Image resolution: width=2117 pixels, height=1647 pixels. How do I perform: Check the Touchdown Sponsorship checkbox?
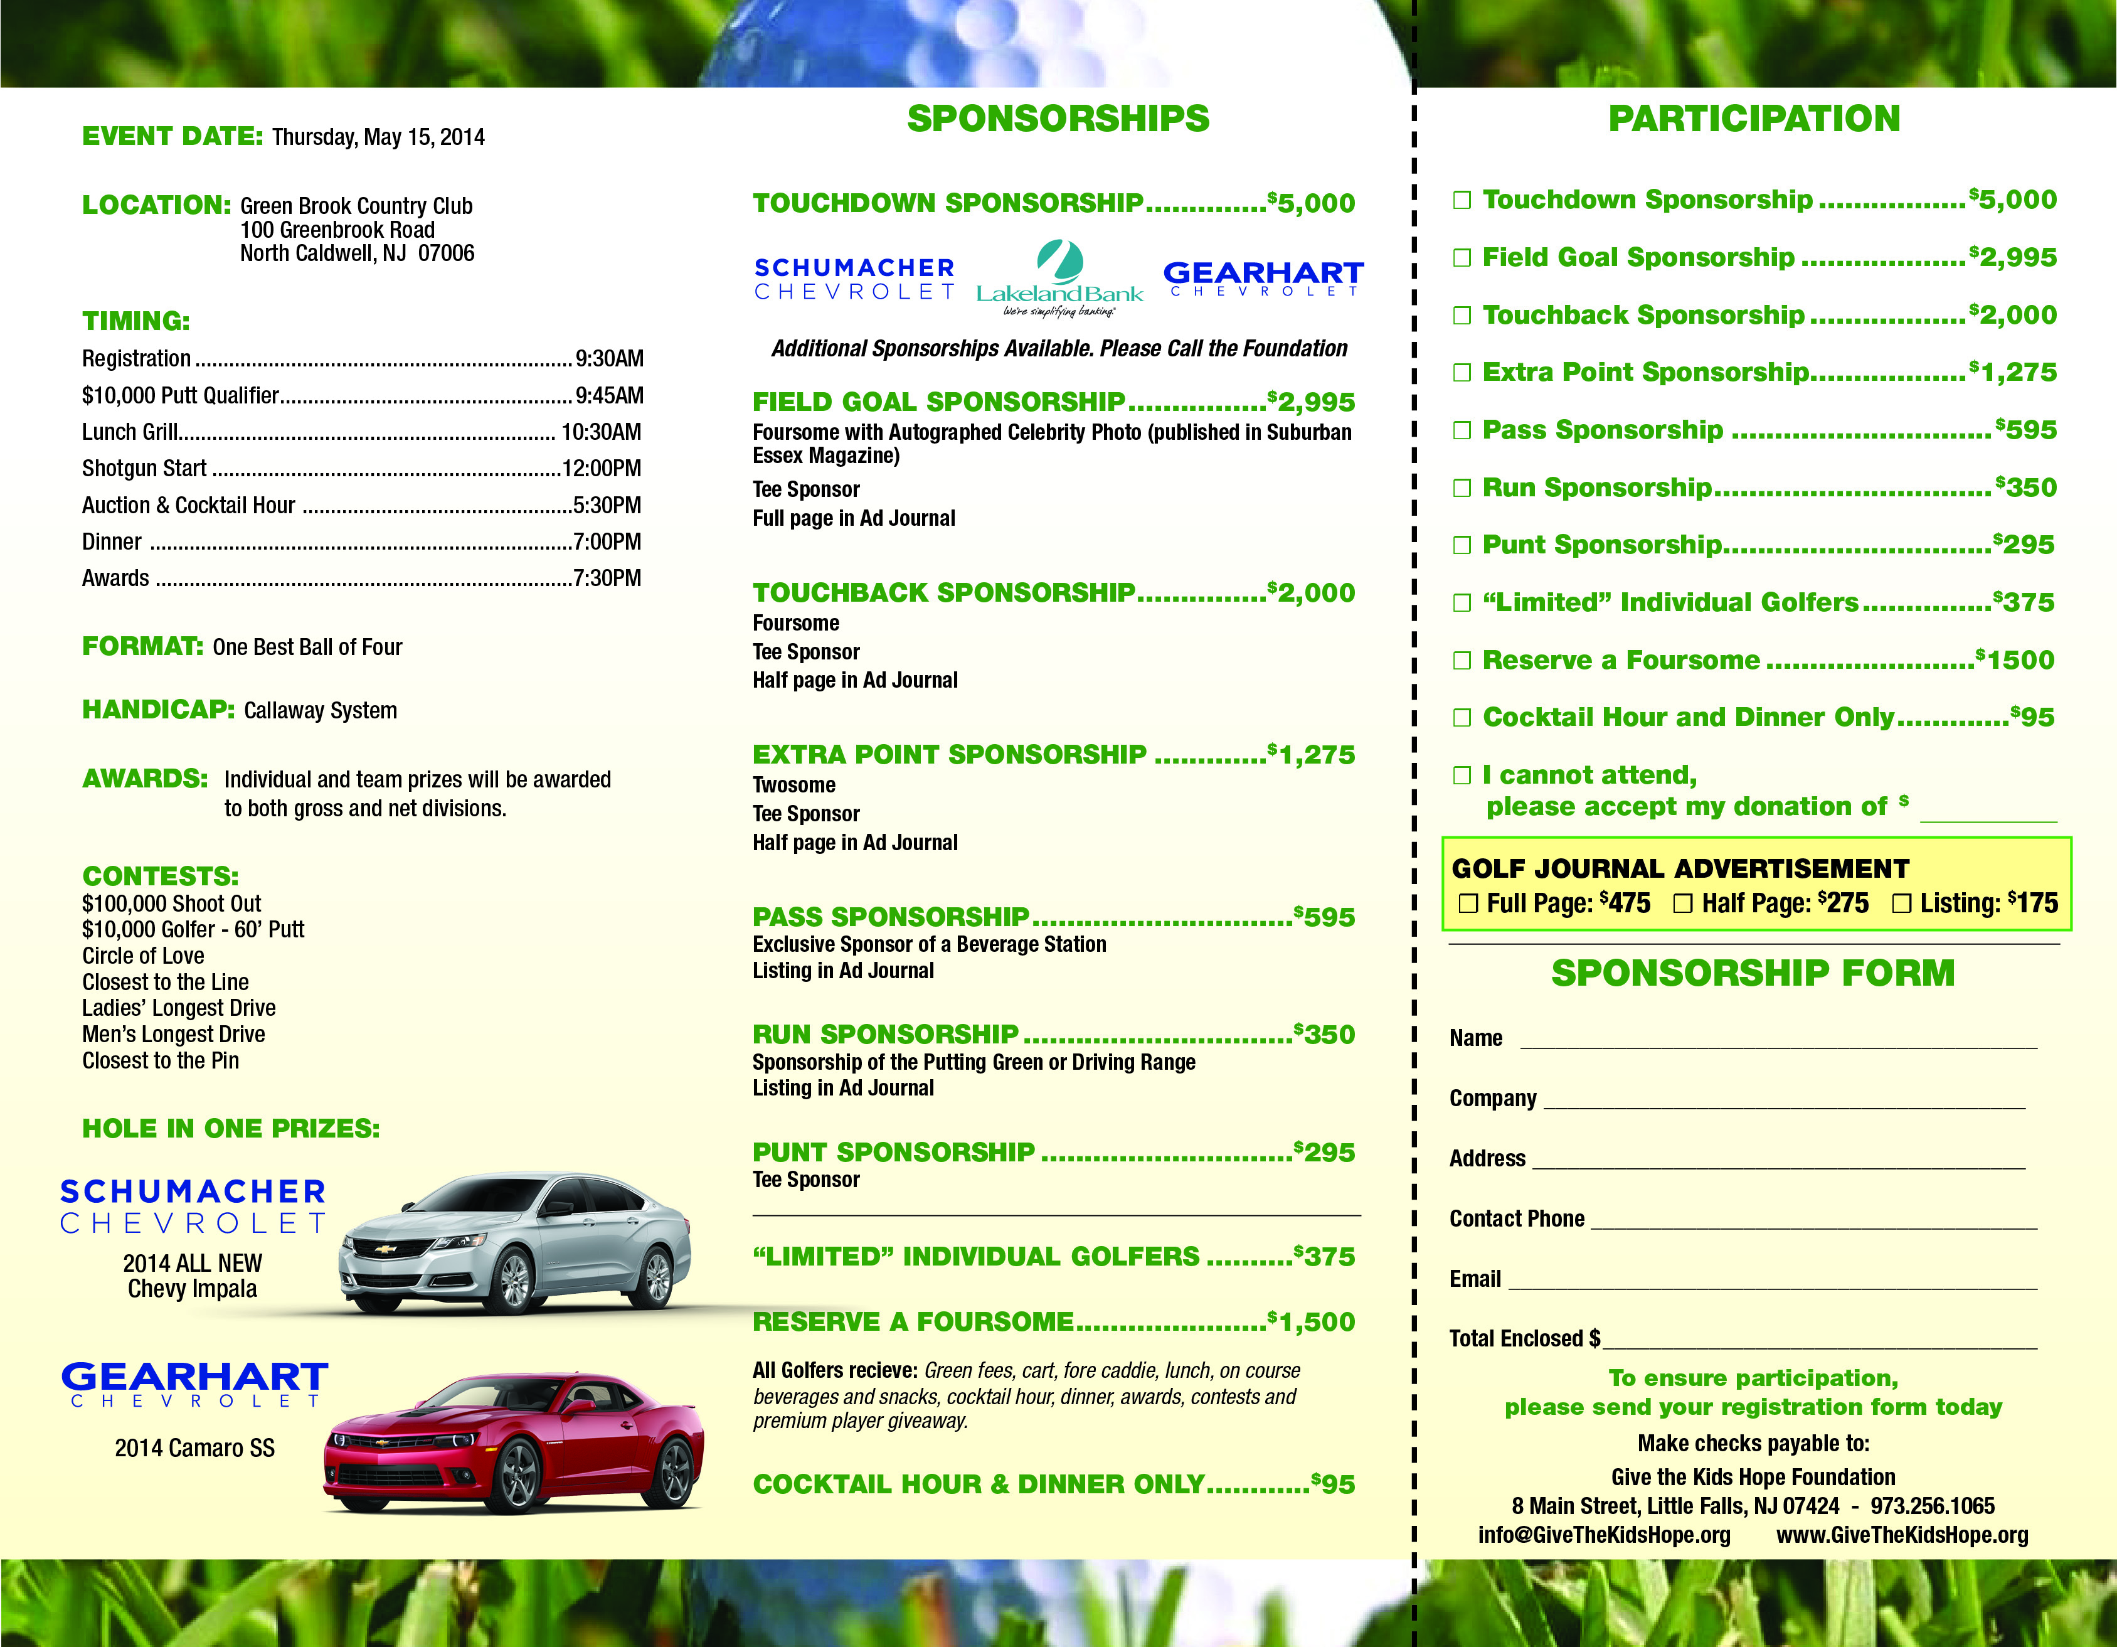(x=1462, y=201)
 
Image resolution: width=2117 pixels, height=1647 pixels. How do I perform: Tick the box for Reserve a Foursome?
(x=1462, y=661)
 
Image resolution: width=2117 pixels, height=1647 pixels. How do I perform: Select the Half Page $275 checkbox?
(x=1683, y=903)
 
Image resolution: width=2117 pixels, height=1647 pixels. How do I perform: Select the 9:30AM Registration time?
(x=608, y=360)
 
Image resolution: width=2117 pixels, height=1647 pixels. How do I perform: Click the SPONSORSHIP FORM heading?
(x=1753, y=973)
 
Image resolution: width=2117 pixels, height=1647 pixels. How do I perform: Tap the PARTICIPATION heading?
(x=1754, y=119)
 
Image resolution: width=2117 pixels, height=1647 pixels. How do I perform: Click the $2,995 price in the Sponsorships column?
(x=1312, y=402)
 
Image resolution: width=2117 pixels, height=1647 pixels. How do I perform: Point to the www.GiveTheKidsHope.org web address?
(x=1902, y=1535)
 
